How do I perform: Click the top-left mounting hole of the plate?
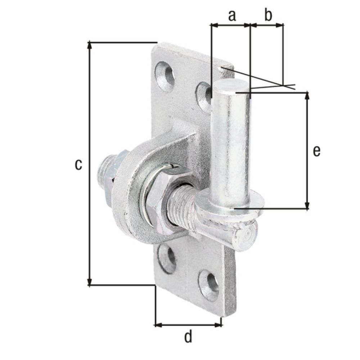coord(165,74)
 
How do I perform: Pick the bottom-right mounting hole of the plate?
coord(210,284)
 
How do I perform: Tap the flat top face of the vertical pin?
coord(230,86)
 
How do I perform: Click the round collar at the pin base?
coord(230,205)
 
